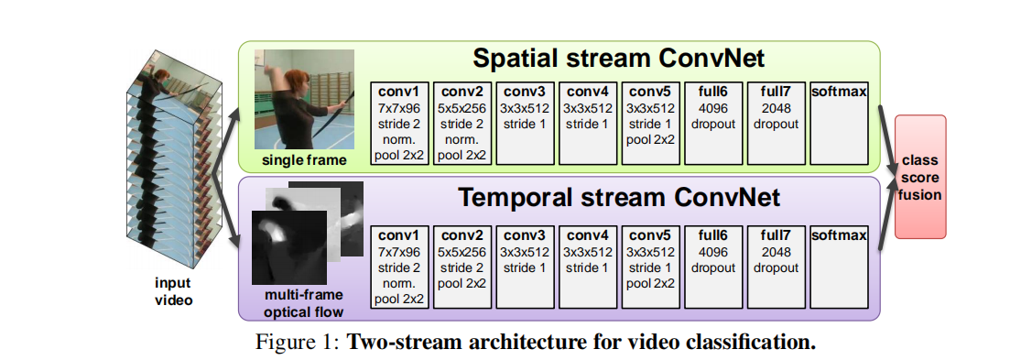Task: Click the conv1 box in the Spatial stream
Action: tap(400, 123)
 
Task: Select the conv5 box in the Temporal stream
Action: tap(651, 267)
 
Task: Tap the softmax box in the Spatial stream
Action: tap(840, 123)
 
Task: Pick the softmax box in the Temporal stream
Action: tap(840, 267)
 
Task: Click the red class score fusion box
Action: tap(920, 177)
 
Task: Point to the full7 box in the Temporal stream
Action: tap(777, 267)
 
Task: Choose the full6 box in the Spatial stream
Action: tap(713, 123)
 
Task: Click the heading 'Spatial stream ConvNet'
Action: tap(618, 59)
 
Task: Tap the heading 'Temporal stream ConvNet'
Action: tap(619, 196)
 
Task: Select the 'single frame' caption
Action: tap(304, 160)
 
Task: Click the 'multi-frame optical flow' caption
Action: tap(303, 304)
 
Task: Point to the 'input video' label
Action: tap(173, 291)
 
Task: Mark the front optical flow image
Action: tap(289, 247)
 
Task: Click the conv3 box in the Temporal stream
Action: tap(526, 267)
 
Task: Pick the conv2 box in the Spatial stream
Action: tap(463, 123)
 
